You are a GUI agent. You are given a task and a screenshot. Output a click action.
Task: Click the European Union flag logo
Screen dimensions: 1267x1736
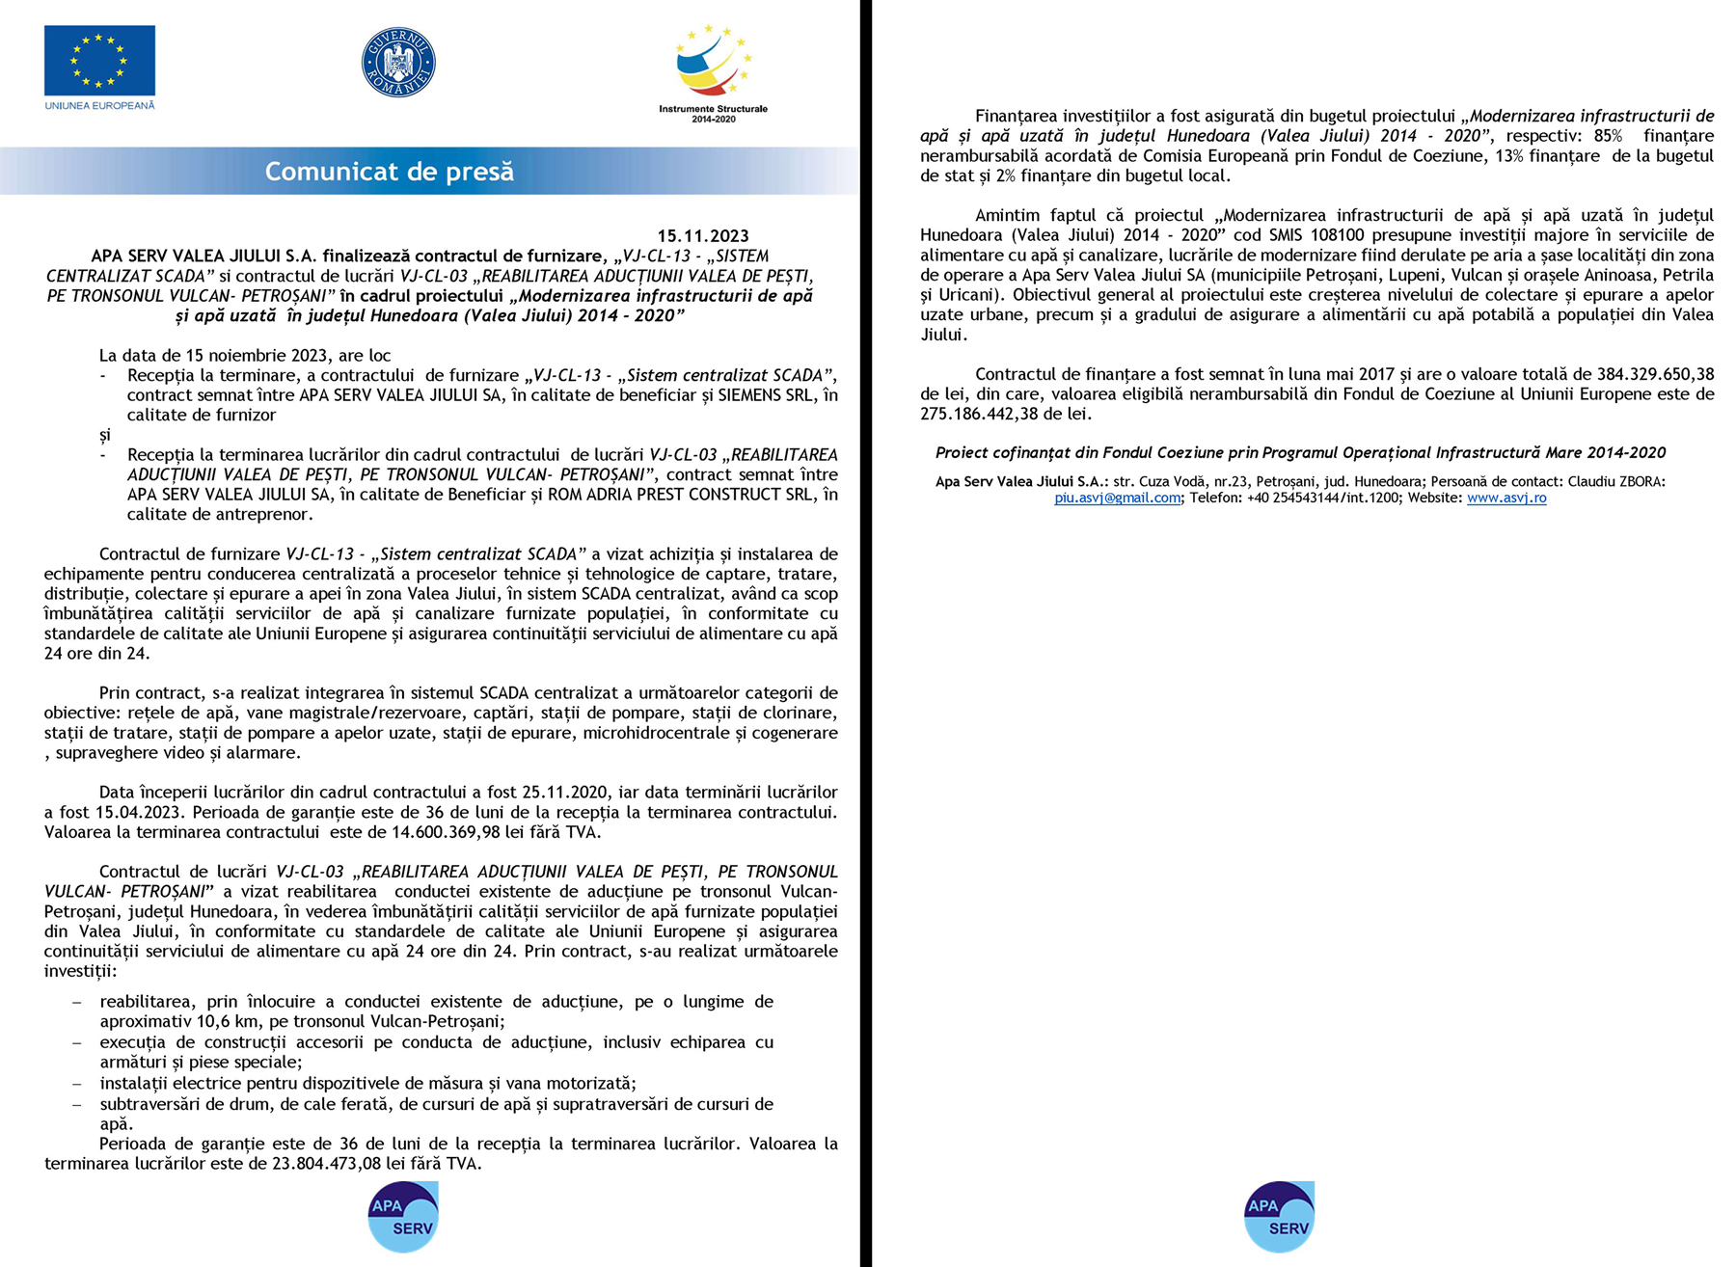tap(99, 61)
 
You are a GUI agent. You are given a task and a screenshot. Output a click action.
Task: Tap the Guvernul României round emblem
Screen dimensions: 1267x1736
tap(398, 62)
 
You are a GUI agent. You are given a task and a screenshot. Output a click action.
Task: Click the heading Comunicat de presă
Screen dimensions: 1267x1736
tap(390, 172)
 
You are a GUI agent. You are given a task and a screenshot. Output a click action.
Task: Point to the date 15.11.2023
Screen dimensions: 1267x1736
tap(703, 236)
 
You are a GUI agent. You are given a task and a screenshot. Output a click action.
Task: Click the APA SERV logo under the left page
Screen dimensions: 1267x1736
tap(403, 1217)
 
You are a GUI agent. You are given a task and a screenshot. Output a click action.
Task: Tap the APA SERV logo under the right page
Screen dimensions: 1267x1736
tap(1279, 1217)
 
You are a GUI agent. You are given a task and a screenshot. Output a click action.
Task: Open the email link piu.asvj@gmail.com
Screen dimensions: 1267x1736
tap(1117, 499)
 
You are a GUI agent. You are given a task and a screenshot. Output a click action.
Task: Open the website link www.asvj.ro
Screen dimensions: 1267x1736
tap(1506, 499)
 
